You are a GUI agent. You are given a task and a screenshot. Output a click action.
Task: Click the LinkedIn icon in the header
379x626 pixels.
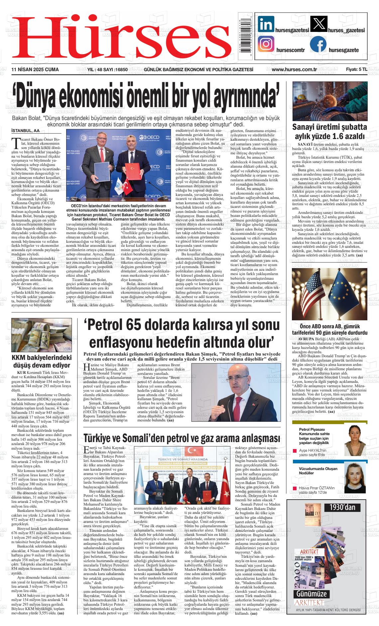(x=266, y=24)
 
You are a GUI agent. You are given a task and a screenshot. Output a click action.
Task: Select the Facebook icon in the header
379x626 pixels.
(x=318, y=45)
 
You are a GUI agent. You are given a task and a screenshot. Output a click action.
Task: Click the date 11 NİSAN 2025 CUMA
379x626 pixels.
(x=35, y=70)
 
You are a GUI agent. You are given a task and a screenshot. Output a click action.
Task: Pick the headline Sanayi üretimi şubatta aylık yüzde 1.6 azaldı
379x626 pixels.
(x=329, y=132)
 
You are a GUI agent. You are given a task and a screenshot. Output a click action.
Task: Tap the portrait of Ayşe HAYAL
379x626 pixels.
(x=354, y=435)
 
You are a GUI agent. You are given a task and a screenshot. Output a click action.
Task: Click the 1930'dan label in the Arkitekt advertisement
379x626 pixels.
(x=342, y=507)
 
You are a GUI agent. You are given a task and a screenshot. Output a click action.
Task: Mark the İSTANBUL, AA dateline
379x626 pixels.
(x=25, y=131)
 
